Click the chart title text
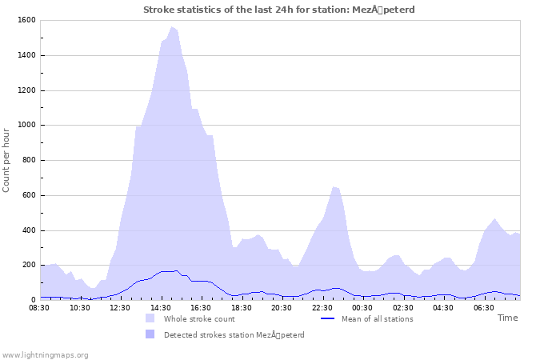pos(279,10)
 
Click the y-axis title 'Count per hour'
pos(7,160)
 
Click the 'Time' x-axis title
pos(507,318)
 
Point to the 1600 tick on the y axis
pos(26,20)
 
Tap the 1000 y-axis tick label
pos(26,126)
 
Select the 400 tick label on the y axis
pos(28,230)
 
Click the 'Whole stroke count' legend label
pos(198,319)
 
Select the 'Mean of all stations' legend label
pos(378,319)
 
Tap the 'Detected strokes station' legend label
pos(234,335)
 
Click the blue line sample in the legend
pos(326,319)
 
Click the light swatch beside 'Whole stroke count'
pos(150,319)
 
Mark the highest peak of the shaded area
pos(171,27)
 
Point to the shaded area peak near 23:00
pos(334,187)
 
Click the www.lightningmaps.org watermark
pos(46,354)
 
